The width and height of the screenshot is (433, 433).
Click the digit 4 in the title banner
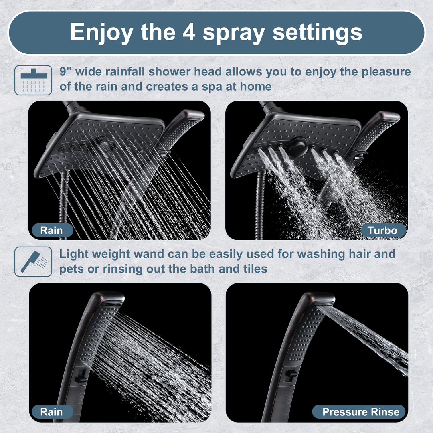coord(189,32)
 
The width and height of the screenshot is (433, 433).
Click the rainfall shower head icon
coord(33,80)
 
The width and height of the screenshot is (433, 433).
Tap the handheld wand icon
coord(33,261)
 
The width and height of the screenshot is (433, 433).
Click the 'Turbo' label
coord(382,230)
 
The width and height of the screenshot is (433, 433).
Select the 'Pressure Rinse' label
coord(359,412)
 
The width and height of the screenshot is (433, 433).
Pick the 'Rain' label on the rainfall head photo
coord(52,230)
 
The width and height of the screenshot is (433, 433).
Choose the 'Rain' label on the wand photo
coord(52,412)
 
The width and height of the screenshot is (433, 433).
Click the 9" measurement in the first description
coord(65,71)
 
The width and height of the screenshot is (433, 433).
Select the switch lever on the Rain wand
coord(81,376)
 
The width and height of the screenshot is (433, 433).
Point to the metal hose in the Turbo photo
coord(259,204)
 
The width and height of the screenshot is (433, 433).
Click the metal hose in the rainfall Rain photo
coord(63,204)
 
